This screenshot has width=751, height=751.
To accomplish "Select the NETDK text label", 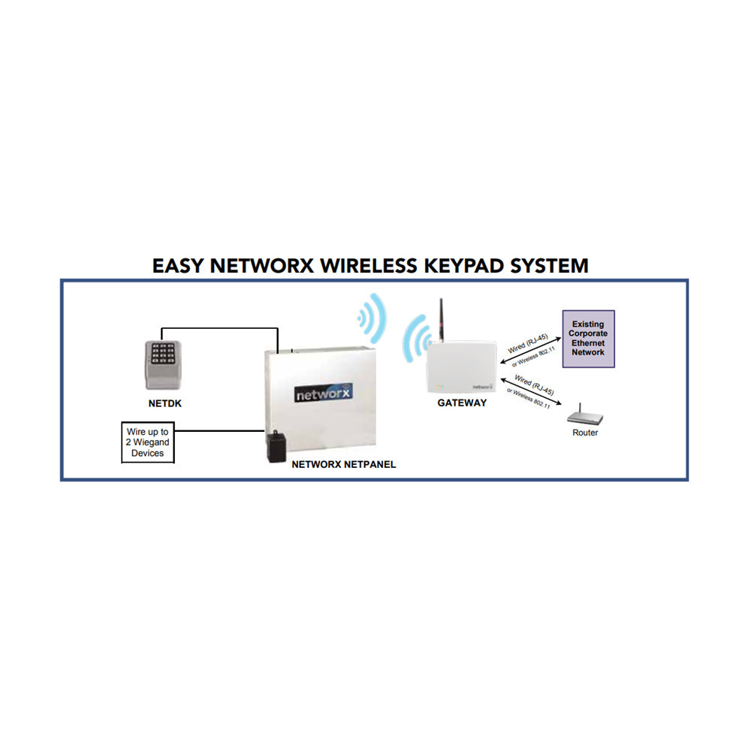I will pos(164,403).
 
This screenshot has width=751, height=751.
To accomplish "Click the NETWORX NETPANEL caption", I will pos(343,465).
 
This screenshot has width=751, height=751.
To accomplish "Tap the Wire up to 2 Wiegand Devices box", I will pos(147,442).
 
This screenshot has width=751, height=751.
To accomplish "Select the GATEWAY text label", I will pos(462,403).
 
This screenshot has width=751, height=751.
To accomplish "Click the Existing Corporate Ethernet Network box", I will pos(588,338).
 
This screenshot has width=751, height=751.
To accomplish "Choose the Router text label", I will pos(585,433).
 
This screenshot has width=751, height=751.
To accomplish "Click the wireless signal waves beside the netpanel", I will pos(372,318).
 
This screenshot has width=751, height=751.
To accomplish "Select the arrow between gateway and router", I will pos(535,393).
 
